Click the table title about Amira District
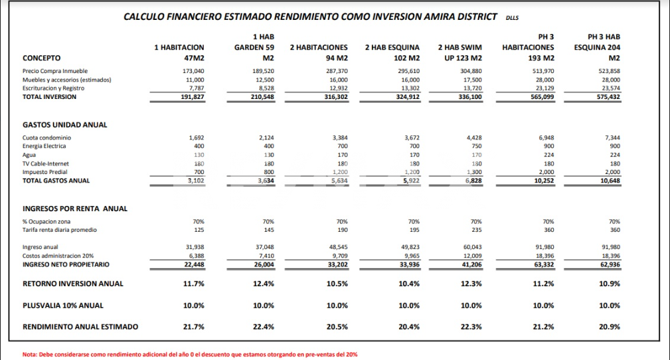tap(310, 17)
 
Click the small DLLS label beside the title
tap(512, 18)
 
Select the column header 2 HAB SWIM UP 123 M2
tap(460, 52)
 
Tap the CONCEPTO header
tap(41, 58)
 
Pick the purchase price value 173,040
tap(193, 71)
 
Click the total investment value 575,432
tap(608, 97)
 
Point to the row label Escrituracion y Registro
tap(53, 88)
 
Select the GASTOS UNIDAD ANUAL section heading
tap(65, 125)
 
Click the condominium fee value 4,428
tap(474, 137)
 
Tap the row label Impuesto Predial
tap(45, 172)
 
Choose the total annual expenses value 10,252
tap(544, 181)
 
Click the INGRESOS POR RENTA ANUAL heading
tap(75, 209)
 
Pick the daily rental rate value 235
tap(476, 230)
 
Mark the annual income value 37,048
tap(264, 247)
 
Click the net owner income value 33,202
tap(337, 264)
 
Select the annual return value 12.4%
tap(264, 284)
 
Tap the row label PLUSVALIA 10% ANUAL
tap(63, 306)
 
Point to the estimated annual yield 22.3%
tap(471, 327)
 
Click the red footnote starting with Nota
tap(190, 355)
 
